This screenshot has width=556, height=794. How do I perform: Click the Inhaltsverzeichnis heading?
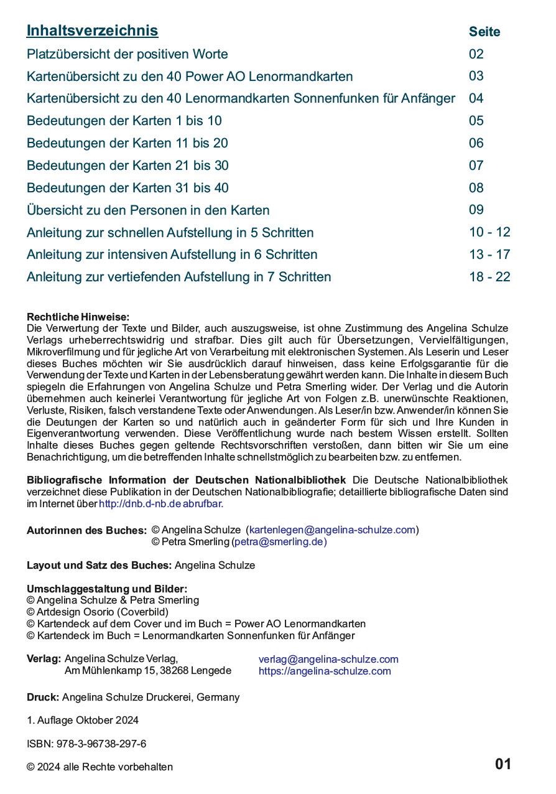tap(92, 30)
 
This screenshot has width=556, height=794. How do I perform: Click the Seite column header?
tap(484, 32)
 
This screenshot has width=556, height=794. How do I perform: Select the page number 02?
tap(476, 54)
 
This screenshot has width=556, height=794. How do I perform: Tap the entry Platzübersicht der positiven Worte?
tap(127, 54)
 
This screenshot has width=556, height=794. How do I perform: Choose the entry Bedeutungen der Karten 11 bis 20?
tap(127, 143)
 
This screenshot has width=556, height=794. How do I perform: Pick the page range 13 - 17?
tap(489, 255)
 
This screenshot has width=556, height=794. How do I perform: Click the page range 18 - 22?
tap(489, 277)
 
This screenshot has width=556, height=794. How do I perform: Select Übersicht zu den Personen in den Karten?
tap(148, 210)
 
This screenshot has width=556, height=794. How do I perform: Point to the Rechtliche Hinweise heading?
tap(78, 317)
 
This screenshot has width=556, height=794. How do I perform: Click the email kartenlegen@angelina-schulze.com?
tap(332, 530)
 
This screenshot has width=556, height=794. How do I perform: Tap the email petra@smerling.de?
tap(279, 542)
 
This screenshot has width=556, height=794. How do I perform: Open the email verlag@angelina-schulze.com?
tap(328, 660)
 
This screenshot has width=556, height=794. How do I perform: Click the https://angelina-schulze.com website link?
tap(325, 671)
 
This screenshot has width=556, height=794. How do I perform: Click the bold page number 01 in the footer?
tap(503, 765)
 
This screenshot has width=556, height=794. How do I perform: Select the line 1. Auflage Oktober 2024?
tap(83, 721)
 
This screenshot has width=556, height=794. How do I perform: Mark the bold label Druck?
tap(43, 698)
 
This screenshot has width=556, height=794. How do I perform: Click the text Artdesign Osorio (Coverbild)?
tap(102, 612)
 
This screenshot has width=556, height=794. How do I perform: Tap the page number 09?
tap(476, 210)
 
